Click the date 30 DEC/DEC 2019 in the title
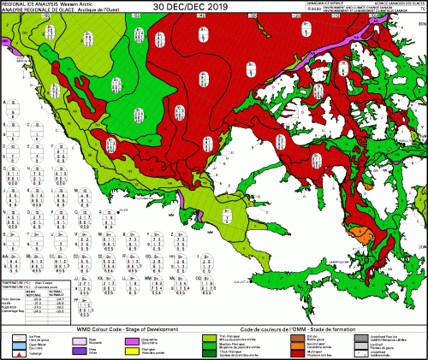click(213, 6)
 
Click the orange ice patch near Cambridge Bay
click(360, 233)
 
